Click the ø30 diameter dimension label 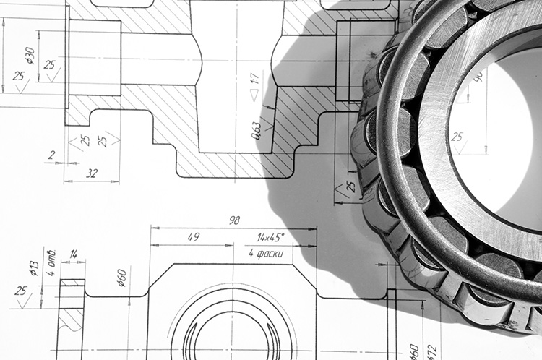(x=29, y=55)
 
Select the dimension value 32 (x=92, y=173)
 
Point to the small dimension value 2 (x=51, y=155)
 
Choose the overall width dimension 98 (x=233, y=220)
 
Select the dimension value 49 (x=193, y=236)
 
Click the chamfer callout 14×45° (x=271, y=236)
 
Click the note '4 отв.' (x=51, y=257)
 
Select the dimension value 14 (x=73, y=254)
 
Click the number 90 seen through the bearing (x=478, y=74)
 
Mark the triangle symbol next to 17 (x=254, y=95)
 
